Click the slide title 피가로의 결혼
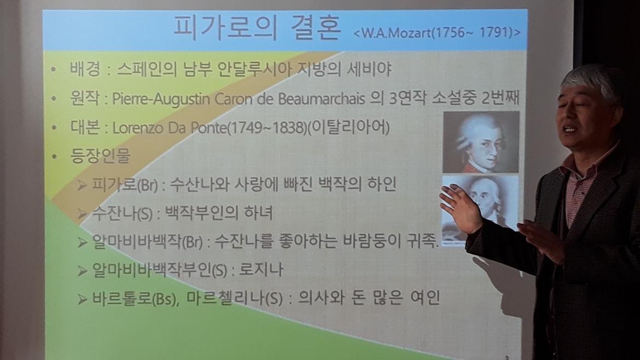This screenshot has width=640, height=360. (257, 28)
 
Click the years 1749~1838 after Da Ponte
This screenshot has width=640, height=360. (266, 128)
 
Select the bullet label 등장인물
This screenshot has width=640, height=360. (101, 155)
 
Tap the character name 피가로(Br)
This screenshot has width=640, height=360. (125, 184)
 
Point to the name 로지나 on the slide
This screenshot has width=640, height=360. (261, 269)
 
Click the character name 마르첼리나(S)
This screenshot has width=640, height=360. (235, 298)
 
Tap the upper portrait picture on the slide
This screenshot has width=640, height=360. (481, 142)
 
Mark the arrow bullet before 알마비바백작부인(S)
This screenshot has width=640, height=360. (83, 271)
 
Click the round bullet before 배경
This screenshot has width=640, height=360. (54, 70)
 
